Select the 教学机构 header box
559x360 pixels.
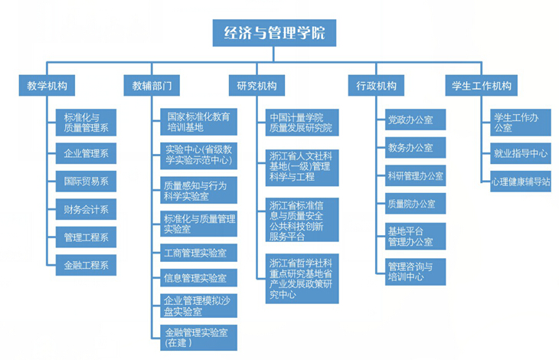tap(47, 86)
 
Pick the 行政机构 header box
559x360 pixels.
tap(376, 86)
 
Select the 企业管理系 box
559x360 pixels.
tap(86, 153)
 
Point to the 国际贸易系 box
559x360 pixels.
tap(86, 182)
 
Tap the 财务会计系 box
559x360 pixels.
tap(86, 209)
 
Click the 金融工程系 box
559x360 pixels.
tap(86, 266)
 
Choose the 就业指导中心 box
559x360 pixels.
tap(521, 153)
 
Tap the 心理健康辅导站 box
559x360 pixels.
tap(521, 182)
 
